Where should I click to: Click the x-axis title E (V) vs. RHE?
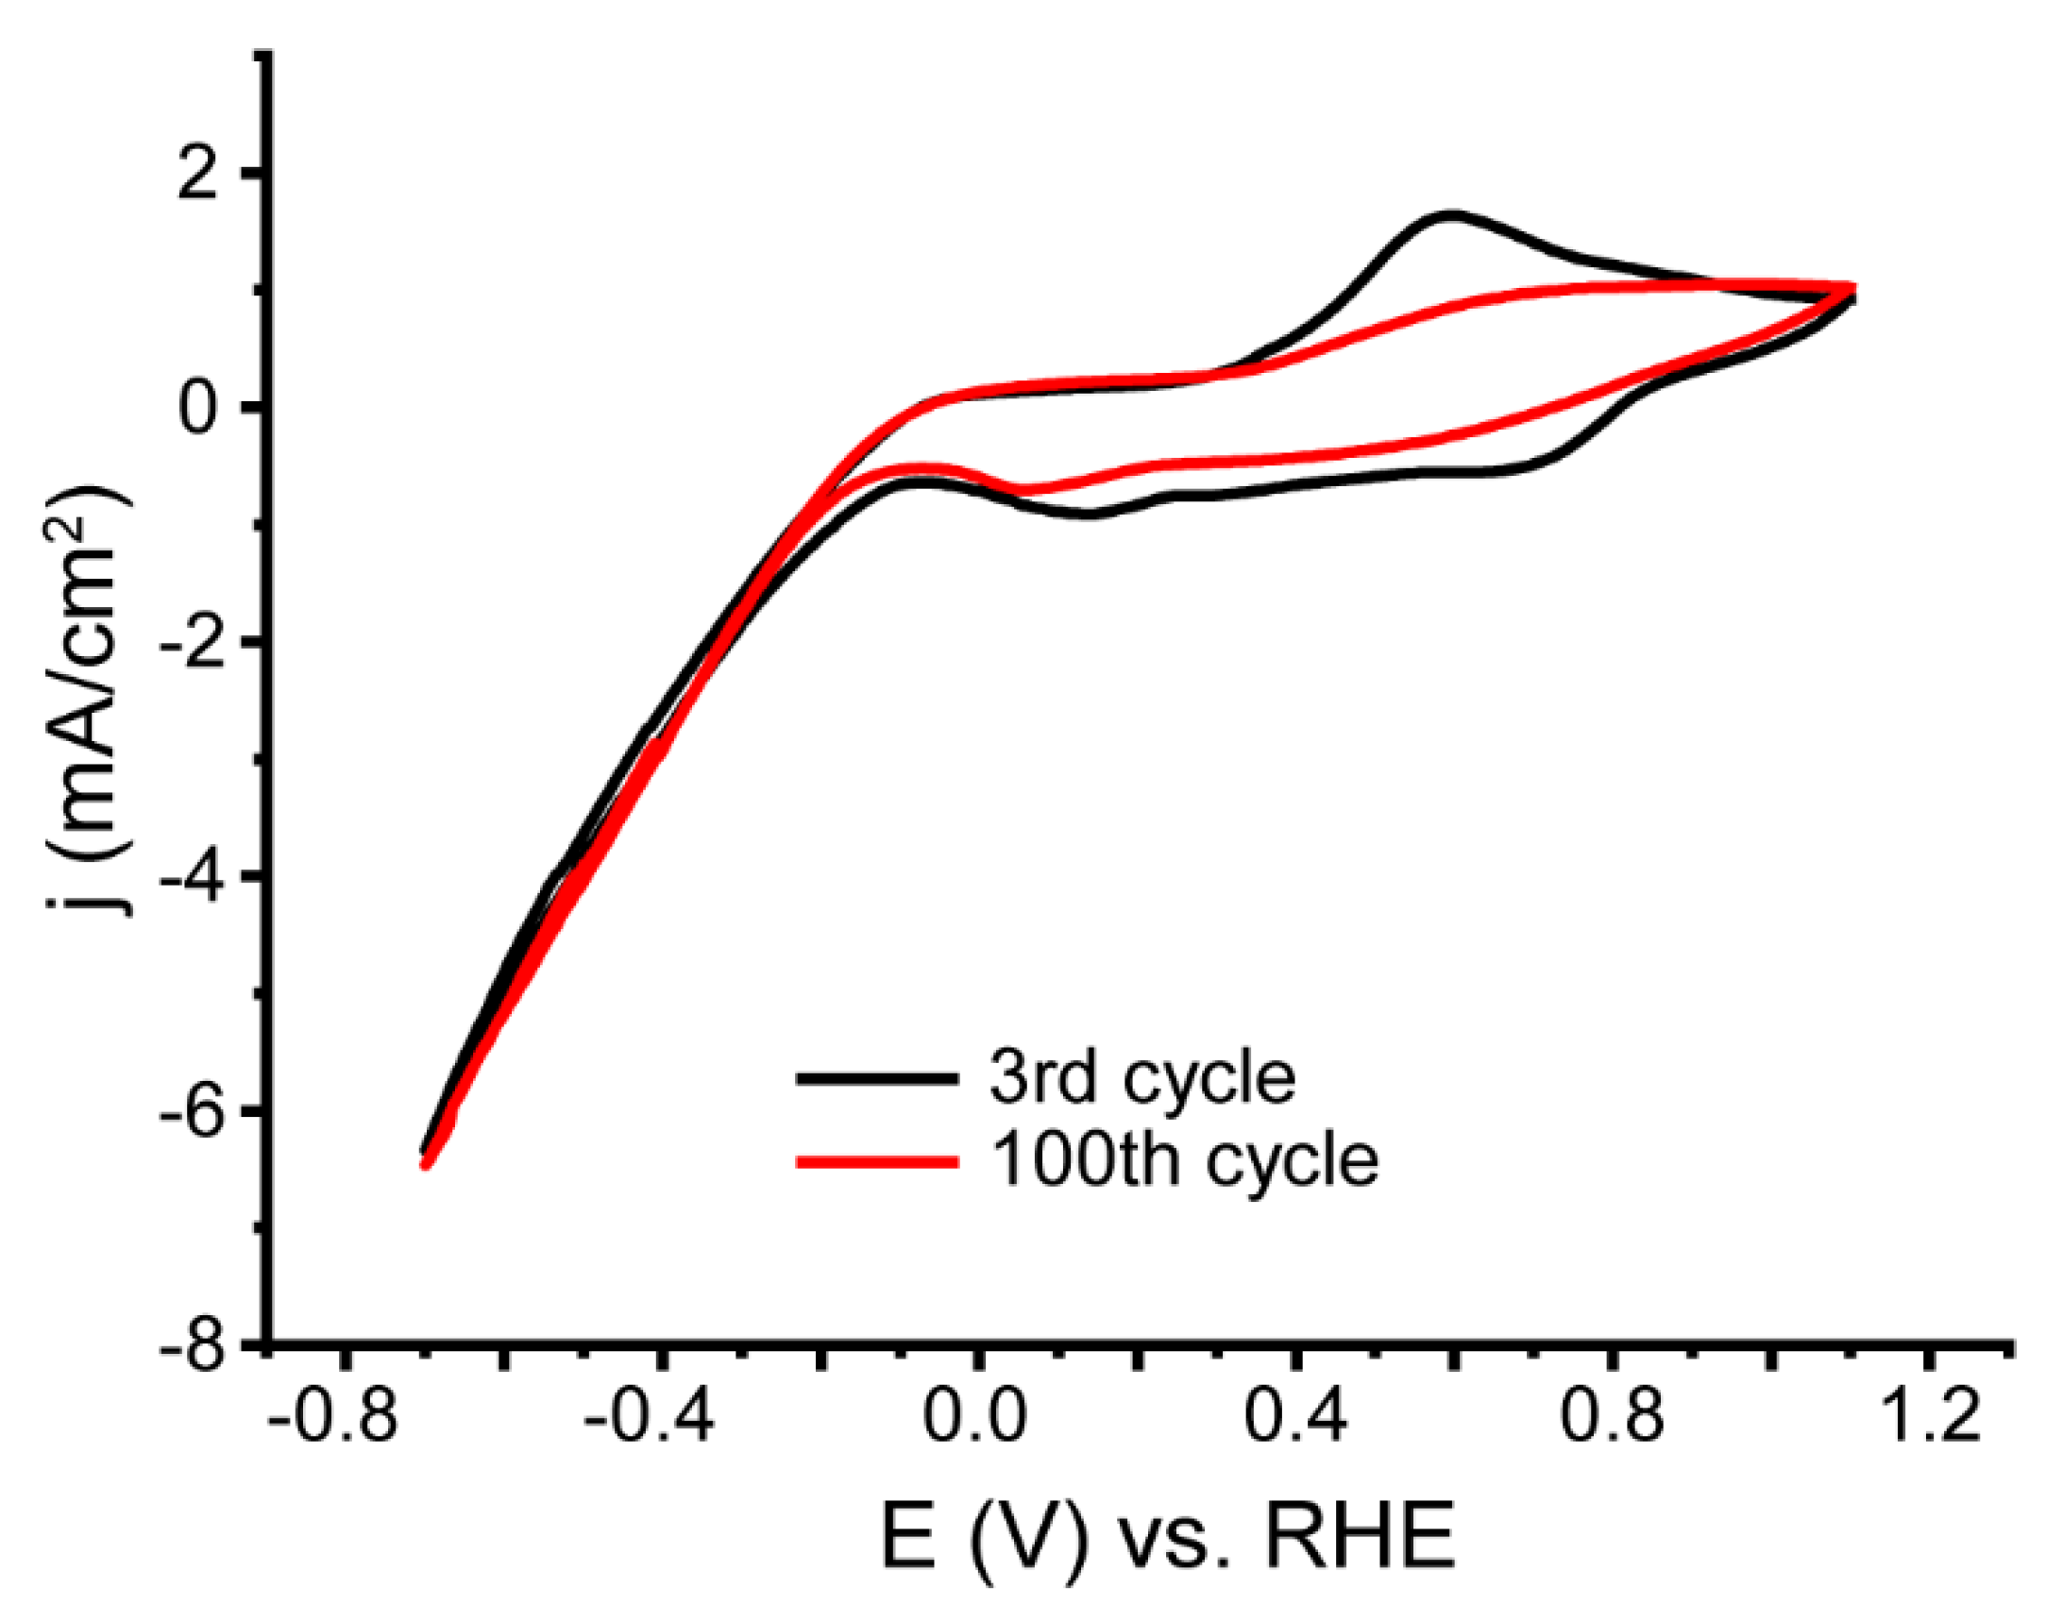click(1168, 1537)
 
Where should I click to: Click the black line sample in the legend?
click(875, 1078)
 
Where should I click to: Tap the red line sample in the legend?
click(875, 1159)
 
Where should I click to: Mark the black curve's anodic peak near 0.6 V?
click(1450, 215)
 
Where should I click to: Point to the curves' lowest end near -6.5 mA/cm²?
click(427, 1159)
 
